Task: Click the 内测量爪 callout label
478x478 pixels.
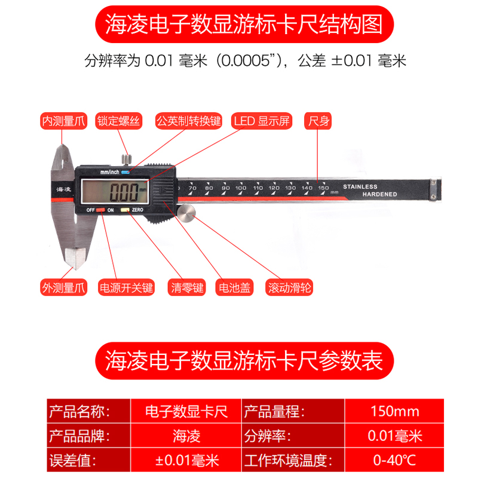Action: click(x=63, y=121)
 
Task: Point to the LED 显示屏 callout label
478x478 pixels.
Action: click(x=262, y=121)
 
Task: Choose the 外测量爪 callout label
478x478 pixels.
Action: click(x=63, y=287)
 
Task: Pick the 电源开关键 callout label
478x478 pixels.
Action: click(x=127, y=287)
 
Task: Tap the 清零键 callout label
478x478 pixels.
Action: click(x=187, y=287)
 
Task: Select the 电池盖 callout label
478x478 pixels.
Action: click(x=235, y=287)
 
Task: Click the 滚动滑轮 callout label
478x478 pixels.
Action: click(x=290, y=287)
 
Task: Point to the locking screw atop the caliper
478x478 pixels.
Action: click(x=126, y=160)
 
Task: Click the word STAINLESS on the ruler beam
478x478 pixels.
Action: click(x=360, y=187)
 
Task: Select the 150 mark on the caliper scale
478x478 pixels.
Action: click(x=323, y=188)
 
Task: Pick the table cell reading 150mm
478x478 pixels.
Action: click(x=394, y=412)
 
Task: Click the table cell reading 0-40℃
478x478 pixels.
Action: click(x=394, y=461)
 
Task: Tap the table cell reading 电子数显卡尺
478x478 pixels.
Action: click(x=186, y=412)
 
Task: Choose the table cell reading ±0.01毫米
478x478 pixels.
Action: click(x=186, y=461)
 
